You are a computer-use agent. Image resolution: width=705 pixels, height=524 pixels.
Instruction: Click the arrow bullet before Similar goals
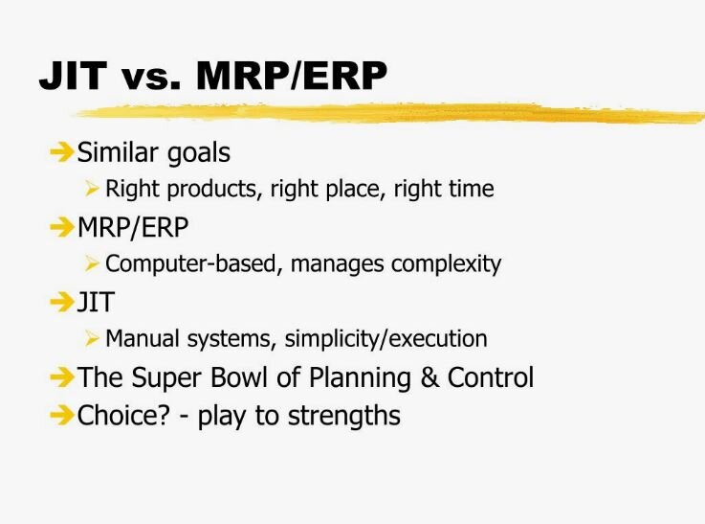pos(61,151)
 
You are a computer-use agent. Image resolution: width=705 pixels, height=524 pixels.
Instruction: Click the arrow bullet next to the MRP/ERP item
pos(61,227)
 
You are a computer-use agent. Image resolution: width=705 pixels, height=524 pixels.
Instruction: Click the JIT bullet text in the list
pos(96,302)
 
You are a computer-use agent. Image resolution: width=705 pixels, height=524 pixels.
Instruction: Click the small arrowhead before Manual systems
pos(92,338)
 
